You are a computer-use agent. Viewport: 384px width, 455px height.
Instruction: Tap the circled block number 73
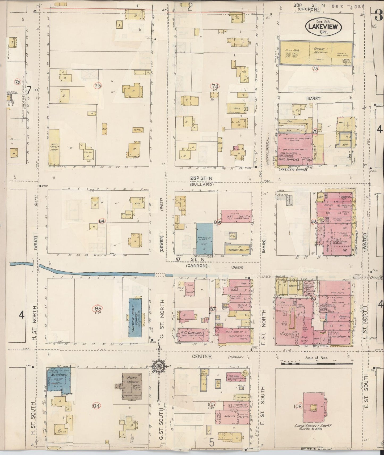point(98,86)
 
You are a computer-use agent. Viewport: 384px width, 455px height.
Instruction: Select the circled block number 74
point(214,86)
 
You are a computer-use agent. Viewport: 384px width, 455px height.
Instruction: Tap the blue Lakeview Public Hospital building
point(135,317)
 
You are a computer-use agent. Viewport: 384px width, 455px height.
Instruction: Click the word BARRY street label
point(314,98)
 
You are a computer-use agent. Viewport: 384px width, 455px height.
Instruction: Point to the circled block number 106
point(298,406)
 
